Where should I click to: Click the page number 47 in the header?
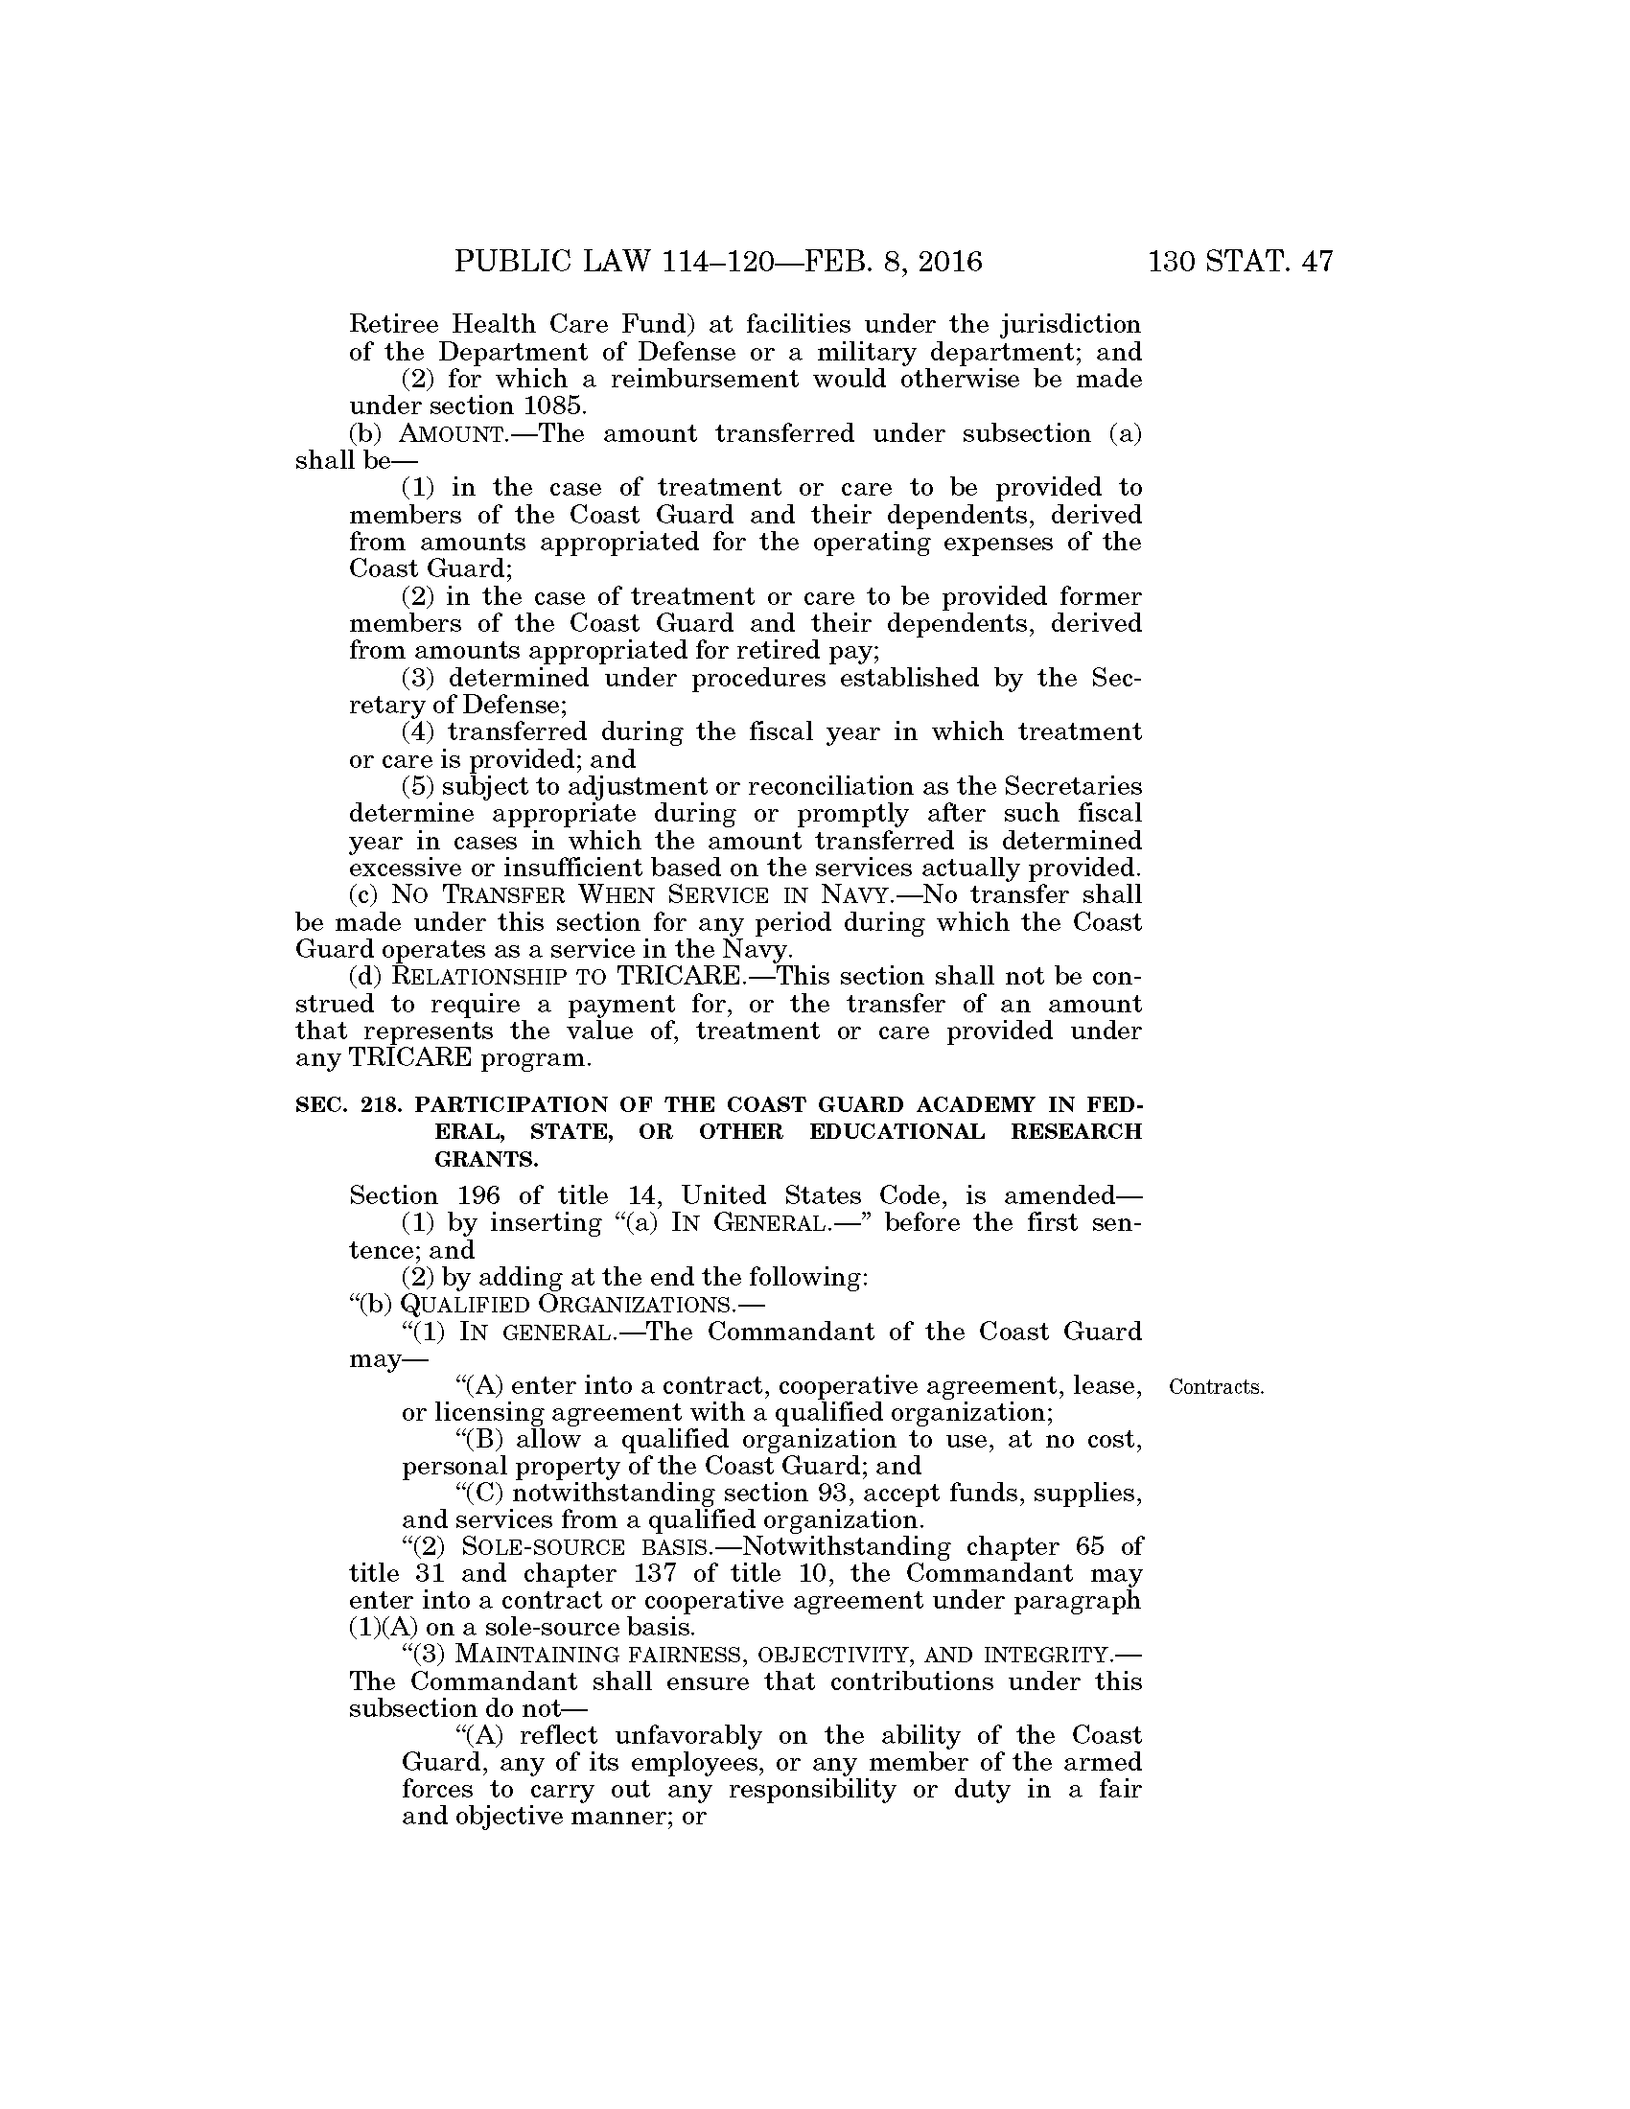[1316, 262]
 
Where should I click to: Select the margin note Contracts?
[1216, 1388]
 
